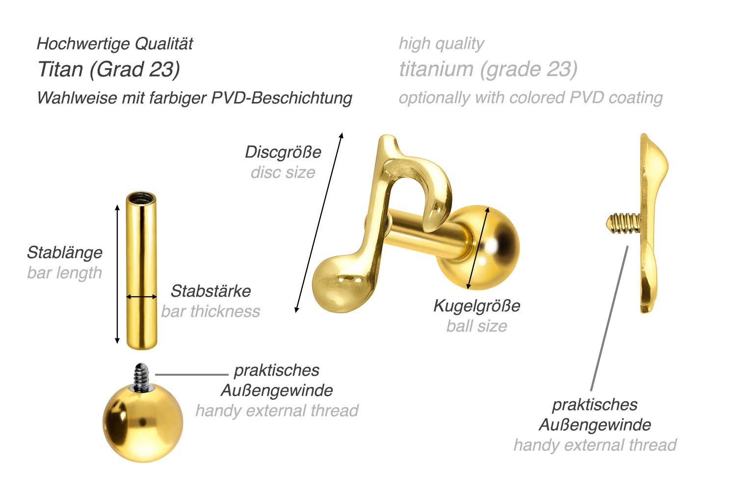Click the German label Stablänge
coord(65,253)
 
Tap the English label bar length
coord(65,273)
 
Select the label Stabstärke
coord(210,291)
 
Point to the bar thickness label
coord(210,311)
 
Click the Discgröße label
coord(283,152)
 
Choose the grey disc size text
coord(283,172)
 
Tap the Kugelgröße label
coord(476,306)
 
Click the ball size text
coord(476,326)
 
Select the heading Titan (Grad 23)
coord(108,69)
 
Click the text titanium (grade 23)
coord(488,69)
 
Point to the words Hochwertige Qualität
coord(115,44)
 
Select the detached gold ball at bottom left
coord(142,422)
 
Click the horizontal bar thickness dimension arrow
coord(141,297)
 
